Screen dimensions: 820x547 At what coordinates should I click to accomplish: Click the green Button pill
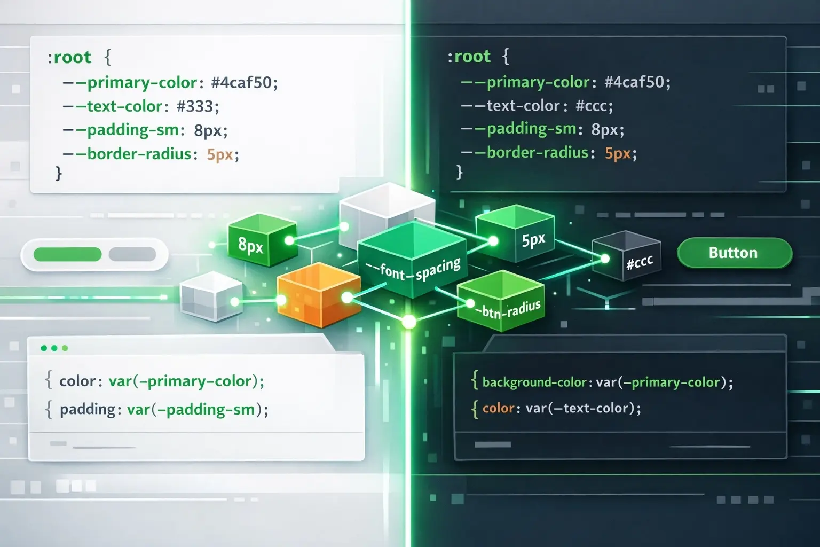[x=735, y=253]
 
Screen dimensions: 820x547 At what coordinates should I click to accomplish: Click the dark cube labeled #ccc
[x=627, y=256]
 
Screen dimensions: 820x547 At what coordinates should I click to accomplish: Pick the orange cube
[x=319, y=295]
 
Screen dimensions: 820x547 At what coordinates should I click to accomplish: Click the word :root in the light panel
[x=69, y=58]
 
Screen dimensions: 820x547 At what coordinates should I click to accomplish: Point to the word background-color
[x=534, y=382]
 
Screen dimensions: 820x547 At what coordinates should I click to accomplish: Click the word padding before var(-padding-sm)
[x=88, y=409]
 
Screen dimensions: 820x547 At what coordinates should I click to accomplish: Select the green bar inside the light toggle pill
[x=67, y=254]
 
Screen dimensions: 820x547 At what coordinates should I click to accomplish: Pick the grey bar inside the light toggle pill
[x=132, y=254]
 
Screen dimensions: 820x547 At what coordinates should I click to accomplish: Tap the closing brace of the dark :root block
[x=460, y=172]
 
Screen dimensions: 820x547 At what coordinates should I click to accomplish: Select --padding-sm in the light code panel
[x=121, y=130]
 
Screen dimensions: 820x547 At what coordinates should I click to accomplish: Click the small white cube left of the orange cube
[x=211, y=297]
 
